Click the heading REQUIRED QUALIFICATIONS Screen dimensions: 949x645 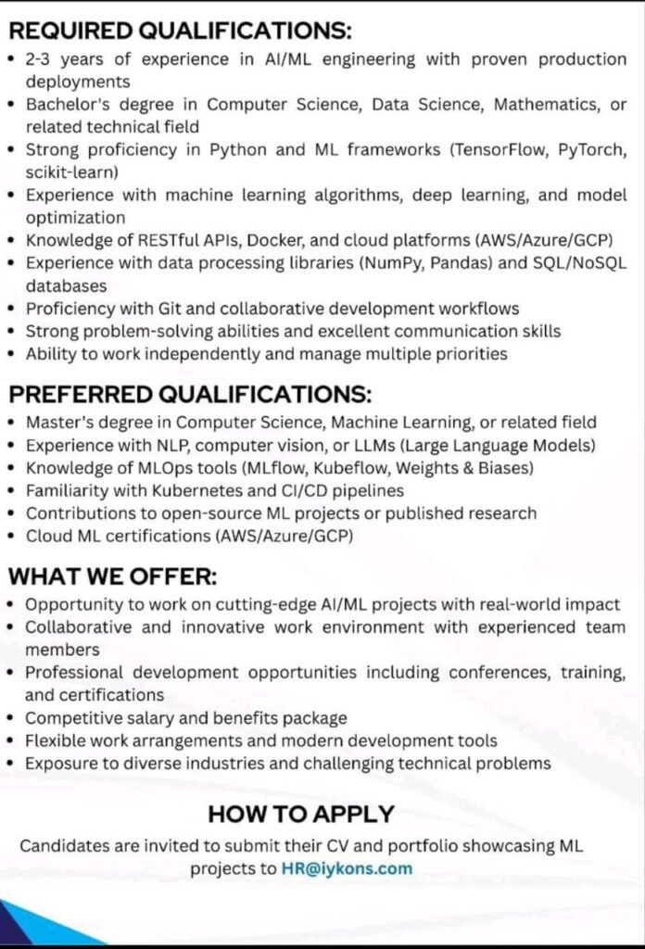(181, 31)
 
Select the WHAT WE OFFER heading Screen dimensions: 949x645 (113, 576)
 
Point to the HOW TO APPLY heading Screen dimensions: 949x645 (301, 815)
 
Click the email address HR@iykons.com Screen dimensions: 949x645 (348, 869)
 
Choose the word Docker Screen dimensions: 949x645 (278, 240)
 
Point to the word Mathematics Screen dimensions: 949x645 (546, 105)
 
